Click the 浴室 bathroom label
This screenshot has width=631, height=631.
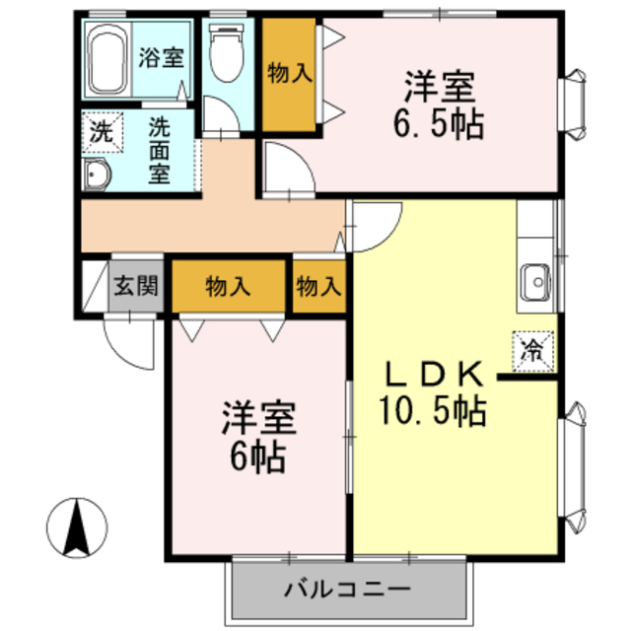pyautogui.click(x=160, y=57)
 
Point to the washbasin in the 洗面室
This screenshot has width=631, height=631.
pyautogui.click(x=97, y=175)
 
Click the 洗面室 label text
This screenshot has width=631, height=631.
pyautogui.click(x=159, y=150)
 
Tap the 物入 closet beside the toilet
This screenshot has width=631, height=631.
pyautogui.click(x=290, y=73)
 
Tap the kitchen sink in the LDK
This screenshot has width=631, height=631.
pyautogui.click(x=537, y=282)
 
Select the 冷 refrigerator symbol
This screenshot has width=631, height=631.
pyautogui.click(x=532, y=347)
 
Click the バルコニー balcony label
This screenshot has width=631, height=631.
pyautogui.click(x=347, y=591)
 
